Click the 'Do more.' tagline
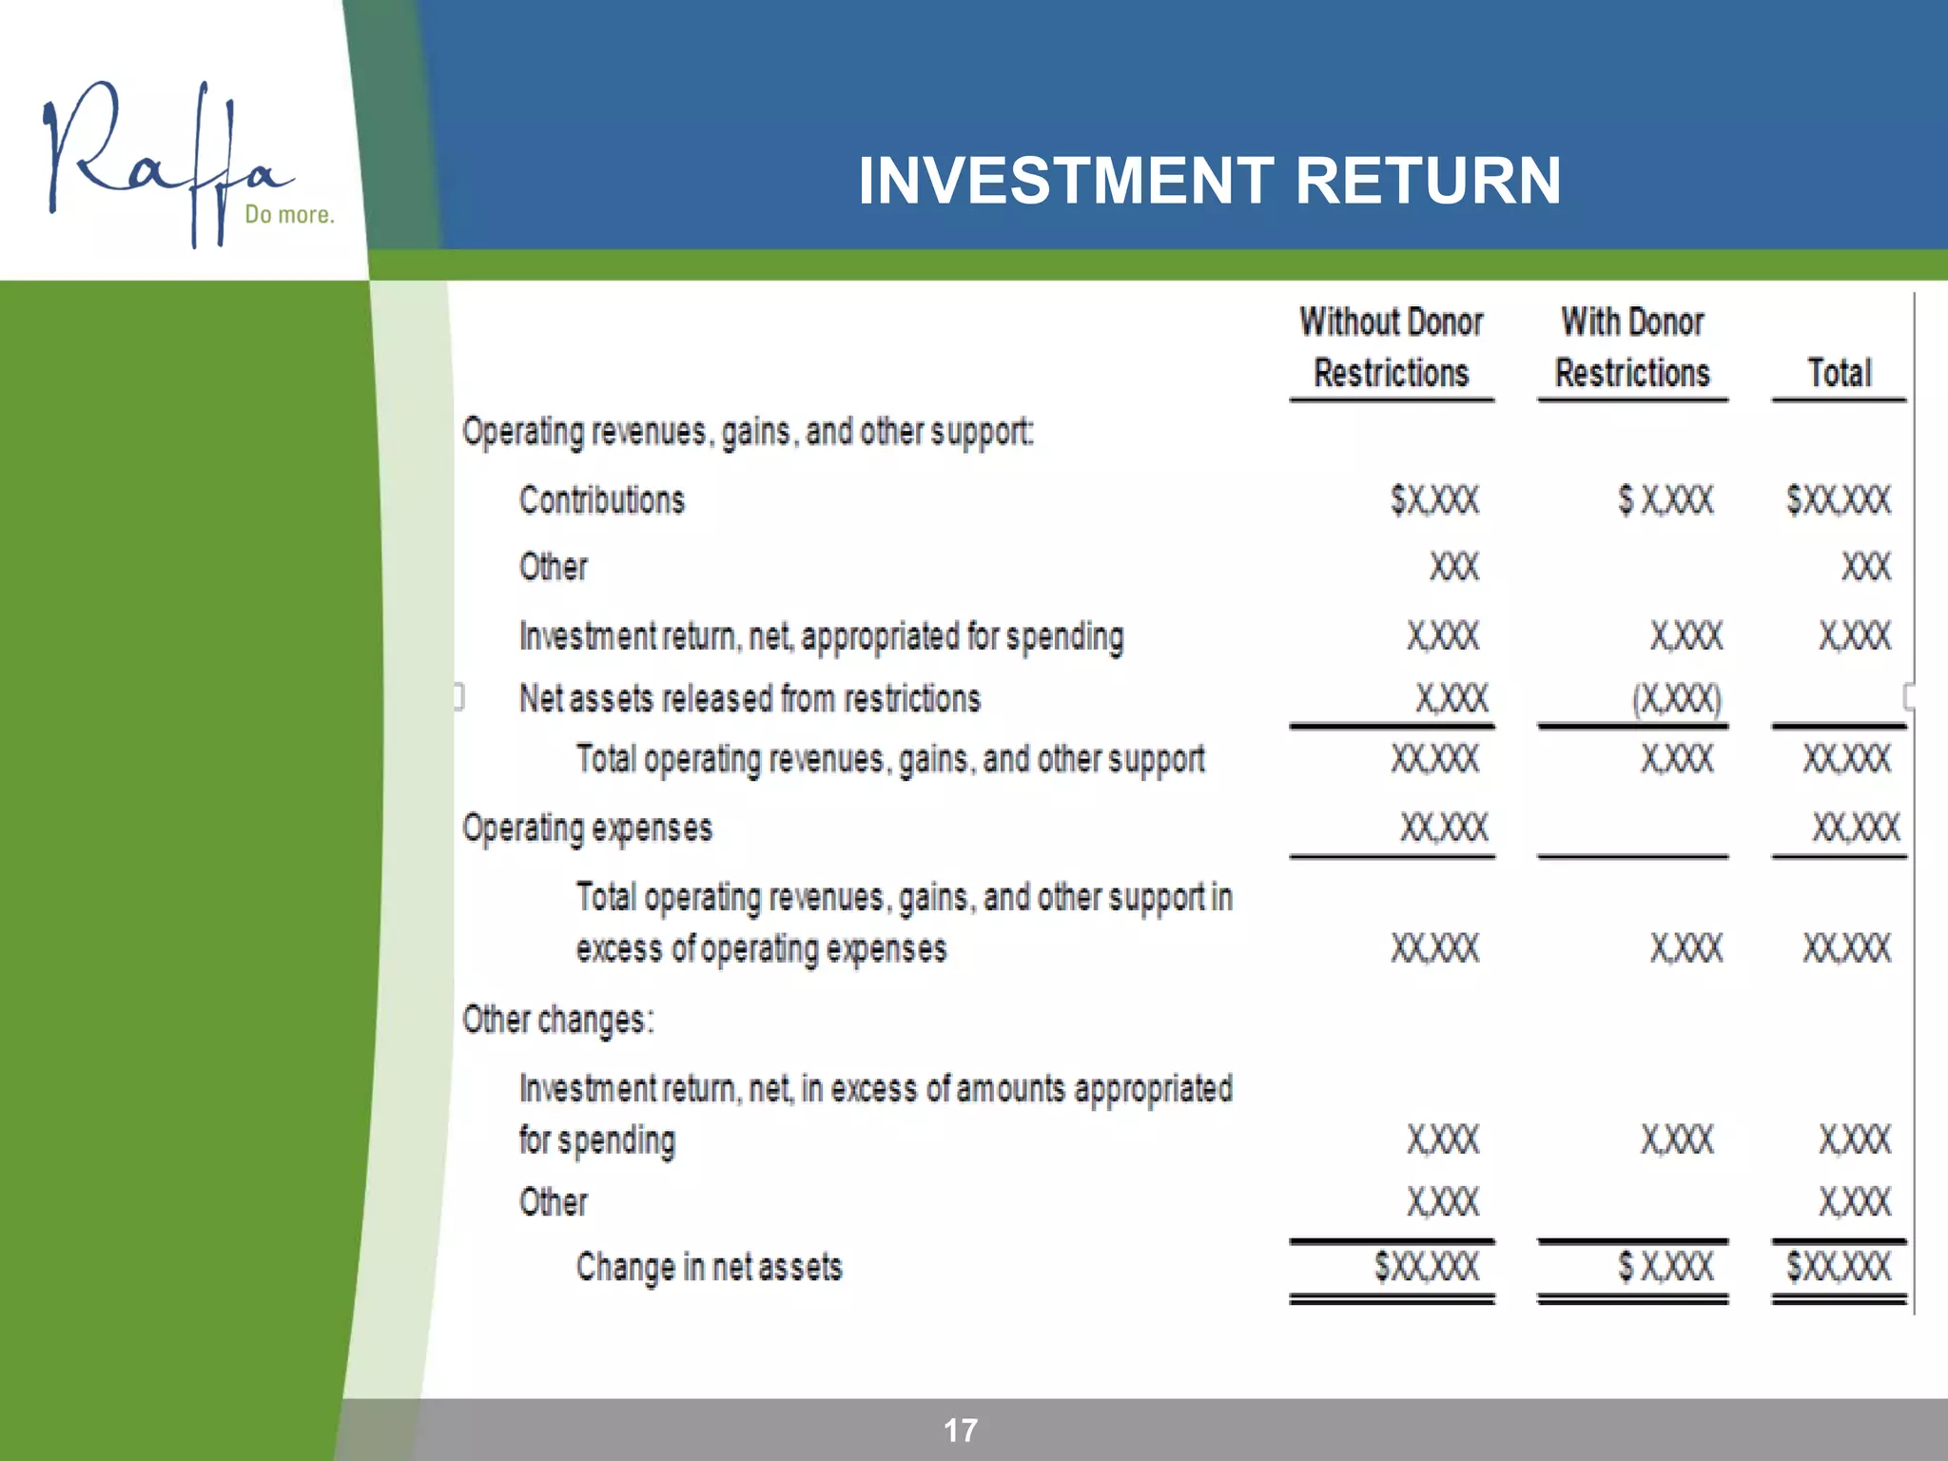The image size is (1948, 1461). click(289, 215)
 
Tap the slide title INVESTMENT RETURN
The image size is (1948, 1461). click(1209, 181)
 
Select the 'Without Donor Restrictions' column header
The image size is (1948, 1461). click(1392, 347)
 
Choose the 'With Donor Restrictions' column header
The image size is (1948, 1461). click(1632, 347)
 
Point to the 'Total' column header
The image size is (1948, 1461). click(1840, 373)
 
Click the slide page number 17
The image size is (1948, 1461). click(961, 1431)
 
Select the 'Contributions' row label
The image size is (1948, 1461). click(602, 500)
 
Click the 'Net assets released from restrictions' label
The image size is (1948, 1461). click(750, 699)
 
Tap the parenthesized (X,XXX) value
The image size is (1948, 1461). click(1677, 700)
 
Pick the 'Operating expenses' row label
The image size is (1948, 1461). click(587, 828)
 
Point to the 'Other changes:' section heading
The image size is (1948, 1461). click(558, 1021)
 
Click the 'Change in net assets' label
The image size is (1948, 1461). click(709, 1268)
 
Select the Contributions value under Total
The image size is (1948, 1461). click(1839, 500)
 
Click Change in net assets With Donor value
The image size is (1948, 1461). click(1666, 1267)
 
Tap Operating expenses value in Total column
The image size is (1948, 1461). click(1856, 828)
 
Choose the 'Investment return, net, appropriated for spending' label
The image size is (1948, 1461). click(821, 637)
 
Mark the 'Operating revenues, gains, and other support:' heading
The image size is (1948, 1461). click(748, 433)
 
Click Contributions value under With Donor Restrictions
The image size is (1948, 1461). click(1666, 500)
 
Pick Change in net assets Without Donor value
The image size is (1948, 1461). click(1427, 1267)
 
